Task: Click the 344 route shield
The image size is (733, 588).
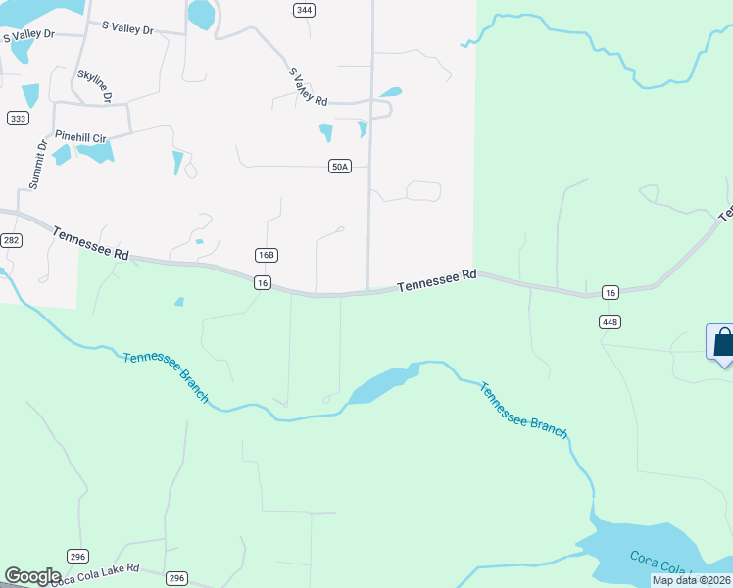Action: coord(304,10)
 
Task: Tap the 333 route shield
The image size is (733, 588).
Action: coord(18,118)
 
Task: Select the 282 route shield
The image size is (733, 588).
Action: coord(11,240)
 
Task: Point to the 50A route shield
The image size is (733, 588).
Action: coord(339,167)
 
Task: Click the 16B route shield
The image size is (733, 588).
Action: coord(266,255)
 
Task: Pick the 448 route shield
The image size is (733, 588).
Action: coord(610,321)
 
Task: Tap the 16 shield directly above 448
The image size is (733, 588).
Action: coord(610,293)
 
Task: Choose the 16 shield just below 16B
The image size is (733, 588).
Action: coord(261,282)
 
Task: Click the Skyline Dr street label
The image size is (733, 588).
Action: coord(94,86)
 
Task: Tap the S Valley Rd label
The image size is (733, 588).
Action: coord(308,86)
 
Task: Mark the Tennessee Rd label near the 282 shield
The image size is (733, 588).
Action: coord(91,243)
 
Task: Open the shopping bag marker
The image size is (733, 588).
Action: coord(722,342)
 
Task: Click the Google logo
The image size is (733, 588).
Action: coord(32,576)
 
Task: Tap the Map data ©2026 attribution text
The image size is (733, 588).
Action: coord(692,580)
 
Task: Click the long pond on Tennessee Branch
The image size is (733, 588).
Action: coord(383,385)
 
